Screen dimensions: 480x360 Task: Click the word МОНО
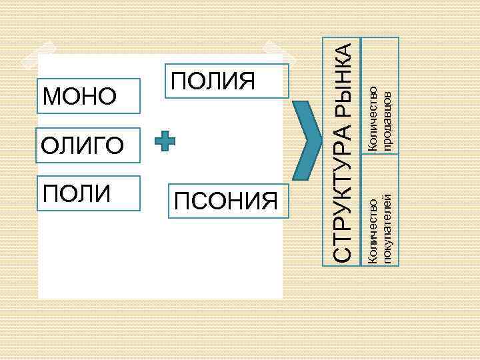(x=79, y=97)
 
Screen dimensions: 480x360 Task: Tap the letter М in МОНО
(x=52, y=97)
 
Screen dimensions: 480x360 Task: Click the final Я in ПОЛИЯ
(x=247, y=81)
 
